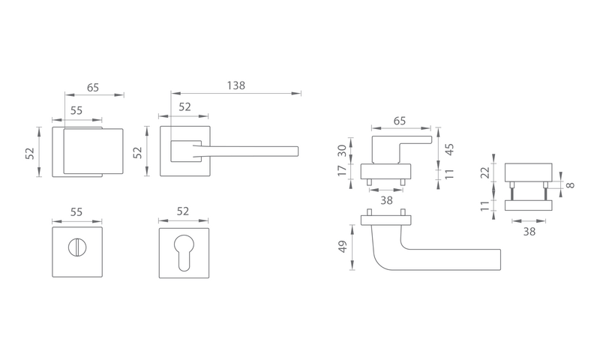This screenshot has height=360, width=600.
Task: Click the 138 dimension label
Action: click(235, 85)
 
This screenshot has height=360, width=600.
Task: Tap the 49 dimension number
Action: click(343, 247)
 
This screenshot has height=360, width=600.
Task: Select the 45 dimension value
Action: click(449, 149)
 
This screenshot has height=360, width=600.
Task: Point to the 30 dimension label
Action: click(342, 150)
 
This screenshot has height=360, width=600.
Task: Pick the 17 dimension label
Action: click(342, 169)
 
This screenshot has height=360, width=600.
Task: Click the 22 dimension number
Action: click(484, 172)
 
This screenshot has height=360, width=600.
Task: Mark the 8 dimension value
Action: click(570, 185)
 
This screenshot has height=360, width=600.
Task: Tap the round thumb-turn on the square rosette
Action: click(77, 247)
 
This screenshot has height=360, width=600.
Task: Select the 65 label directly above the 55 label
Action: click(92, 88)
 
